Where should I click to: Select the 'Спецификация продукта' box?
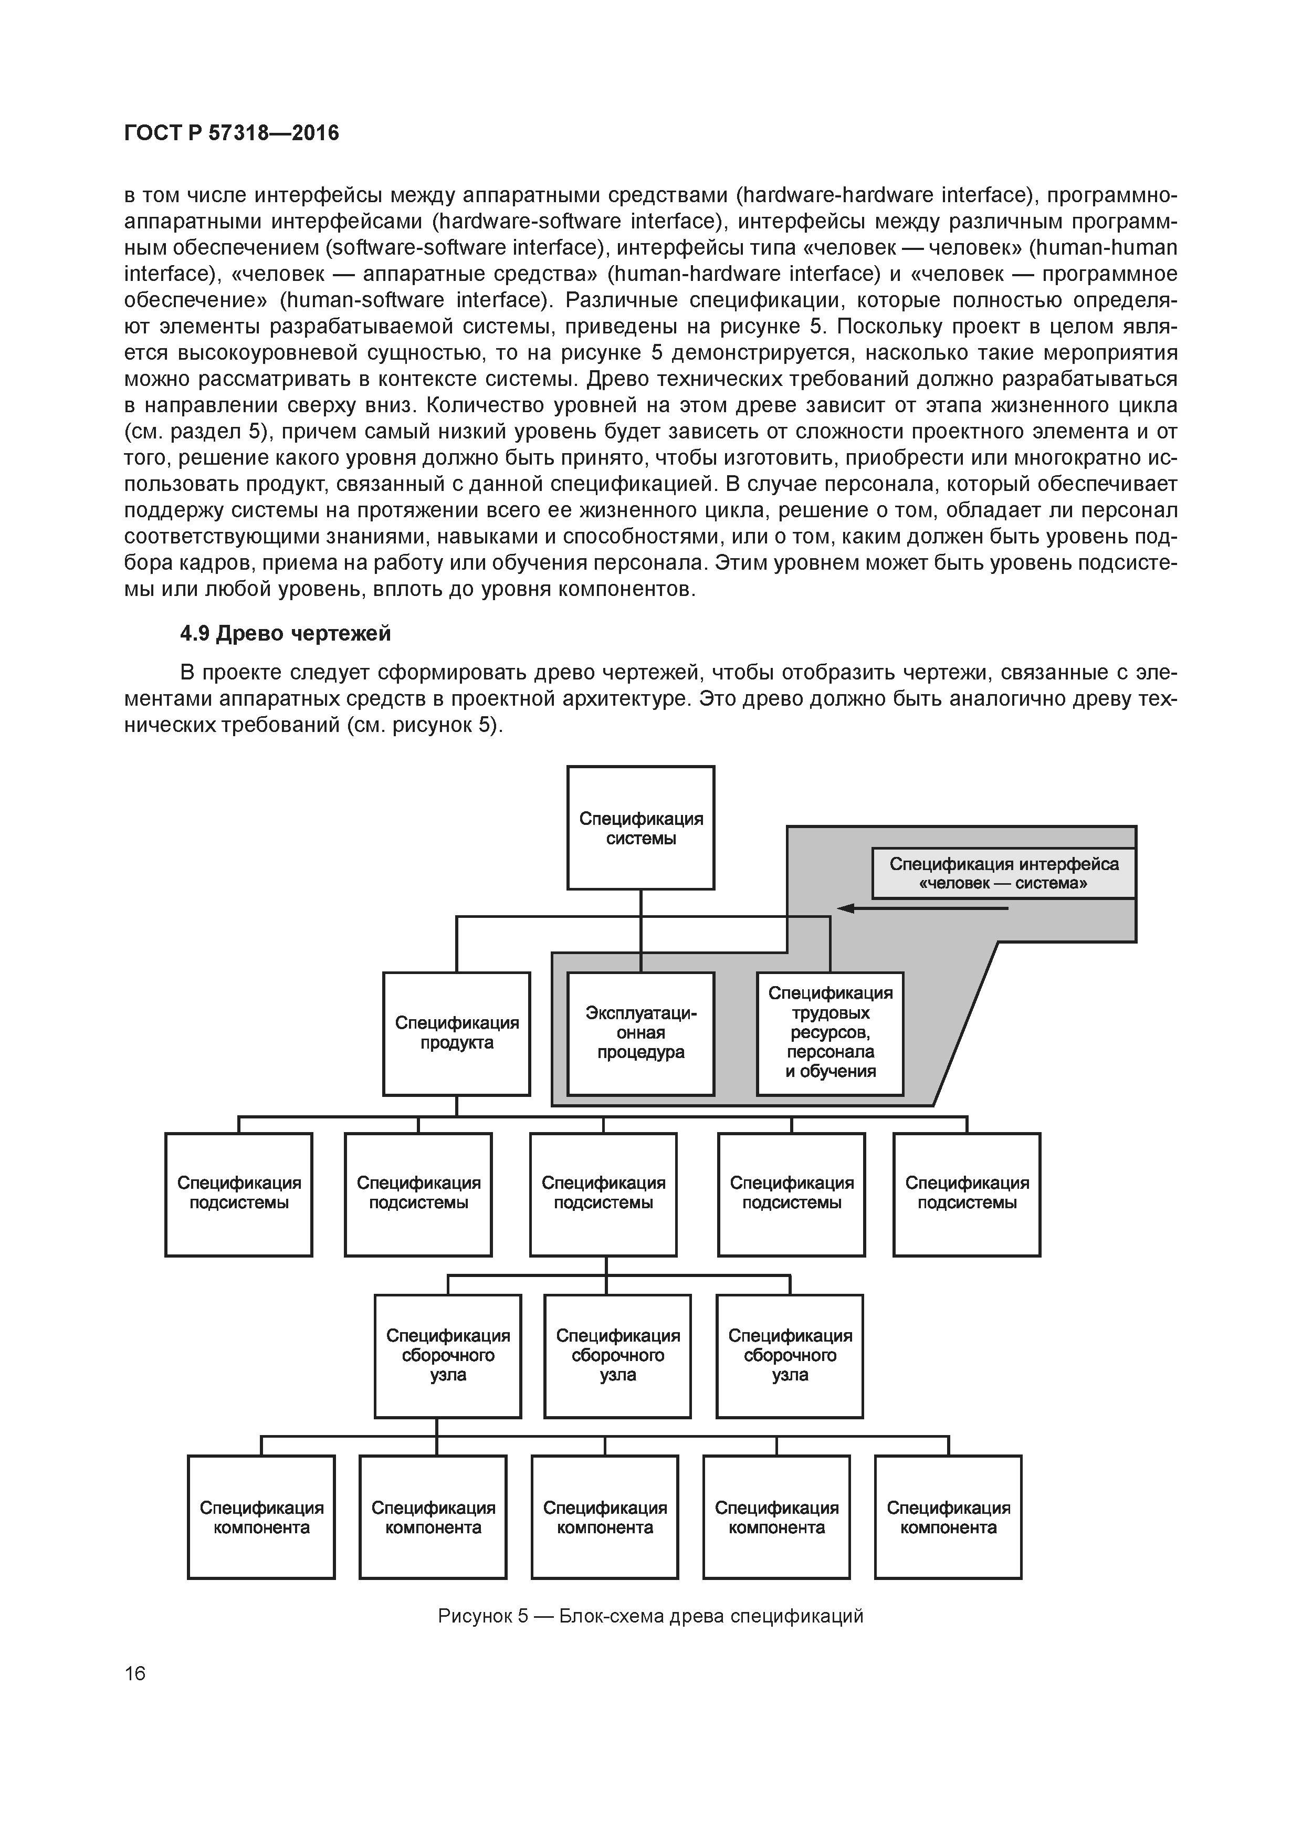coord(456,1033)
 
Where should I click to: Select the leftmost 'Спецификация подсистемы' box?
coord(238,1195)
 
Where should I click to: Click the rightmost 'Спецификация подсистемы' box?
coord(967,1195)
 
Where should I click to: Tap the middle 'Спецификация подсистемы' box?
coord(603,1195)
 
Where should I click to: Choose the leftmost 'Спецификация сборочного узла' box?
coord(448,1356)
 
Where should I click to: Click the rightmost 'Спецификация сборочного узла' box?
coord(790,1356)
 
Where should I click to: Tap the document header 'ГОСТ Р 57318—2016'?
coord(232,133)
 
